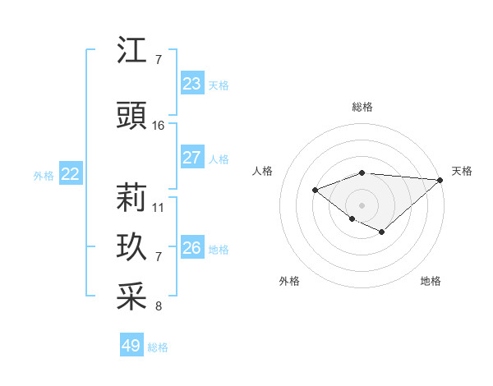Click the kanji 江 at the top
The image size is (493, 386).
[132, 51]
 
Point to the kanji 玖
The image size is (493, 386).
[132, 248]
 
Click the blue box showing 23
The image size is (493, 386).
[192, 84]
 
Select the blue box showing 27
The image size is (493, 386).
[192, 158]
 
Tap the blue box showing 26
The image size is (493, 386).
[192, 248]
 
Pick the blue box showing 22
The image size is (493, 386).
[71, 174]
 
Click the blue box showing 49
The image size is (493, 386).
[131, 346]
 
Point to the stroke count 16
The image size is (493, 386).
[159, 126]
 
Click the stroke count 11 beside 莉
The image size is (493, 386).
[159, 207]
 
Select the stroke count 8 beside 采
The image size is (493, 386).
[159, 307]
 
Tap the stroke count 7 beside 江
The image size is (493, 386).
[159, 60]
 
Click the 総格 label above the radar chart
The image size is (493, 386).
[362, 107]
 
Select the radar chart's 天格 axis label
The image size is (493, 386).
[462, 171]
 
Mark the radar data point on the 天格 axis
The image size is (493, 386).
[440, 180]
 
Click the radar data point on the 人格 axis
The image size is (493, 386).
[315, 190]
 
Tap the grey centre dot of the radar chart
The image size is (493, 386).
[362, 204]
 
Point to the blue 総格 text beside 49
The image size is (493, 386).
[158, 347]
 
